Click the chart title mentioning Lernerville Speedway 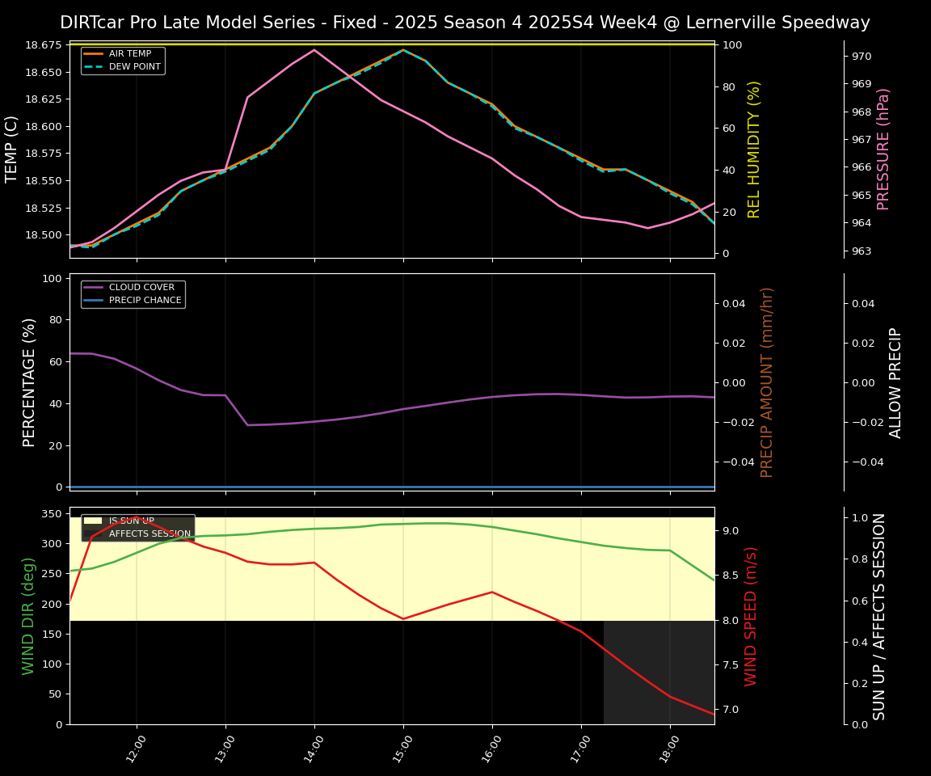465,23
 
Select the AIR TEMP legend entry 129,54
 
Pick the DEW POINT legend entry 134,66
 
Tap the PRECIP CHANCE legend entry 145,300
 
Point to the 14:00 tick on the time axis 314,744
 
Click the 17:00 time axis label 580,744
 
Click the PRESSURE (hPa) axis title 883,149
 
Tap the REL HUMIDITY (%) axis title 755,149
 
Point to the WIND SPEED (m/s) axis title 752,616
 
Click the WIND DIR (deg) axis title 29,616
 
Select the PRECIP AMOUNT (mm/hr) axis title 767,382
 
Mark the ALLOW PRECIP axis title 895,382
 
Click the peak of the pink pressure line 314,50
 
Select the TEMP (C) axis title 12,149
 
